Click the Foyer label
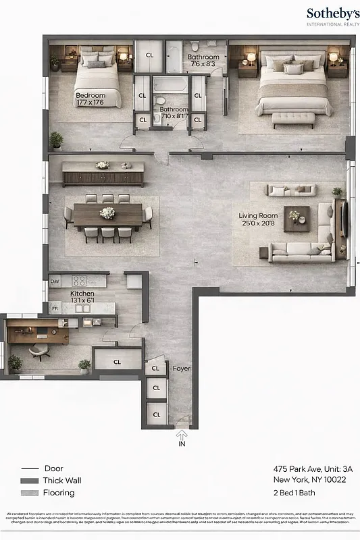181,369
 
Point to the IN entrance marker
182,444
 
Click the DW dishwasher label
55,281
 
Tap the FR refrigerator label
55,308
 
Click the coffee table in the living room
296,218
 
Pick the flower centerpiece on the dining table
107,213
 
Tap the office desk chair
39,351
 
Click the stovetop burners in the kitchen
80,281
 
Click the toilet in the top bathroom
194,47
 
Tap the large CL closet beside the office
117,362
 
